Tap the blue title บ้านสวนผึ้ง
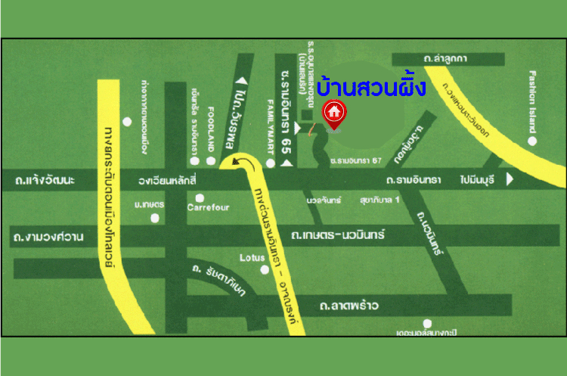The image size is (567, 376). coord(371,87)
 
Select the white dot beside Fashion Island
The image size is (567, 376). coord(533,141)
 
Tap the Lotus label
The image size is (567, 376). coord(252,258)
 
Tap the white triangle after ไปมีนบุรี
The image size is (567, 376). coord(509,179)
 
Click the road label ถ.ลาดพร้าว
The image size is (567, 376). coord(349,306)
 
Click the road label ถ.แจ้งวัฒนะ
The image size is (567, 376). coord(45,182)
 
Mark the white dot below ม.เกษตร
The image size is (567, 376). coord(155,218)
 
